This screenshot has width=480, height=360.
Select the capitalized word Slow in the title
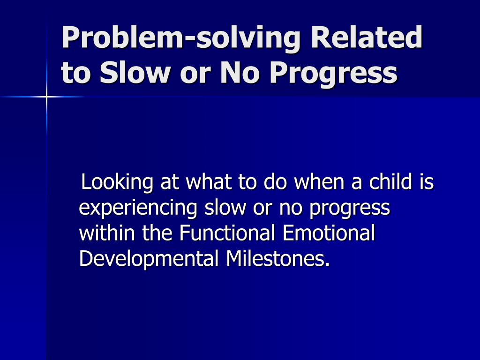[135, 73]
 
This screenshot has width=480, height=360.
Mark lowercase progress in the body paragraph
[350, 209]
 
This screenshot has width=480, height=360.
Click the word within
[107, 232]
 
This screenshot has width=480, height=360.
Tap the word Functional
[227, 232]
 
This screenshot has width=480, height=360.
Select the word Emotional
[329, 232]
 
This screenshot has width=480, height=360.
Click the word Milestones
[278, 258]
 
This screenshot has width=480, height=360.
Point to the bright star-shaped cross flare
[46, 97]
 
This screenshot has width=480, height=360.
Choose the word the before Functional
[157, 232]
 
